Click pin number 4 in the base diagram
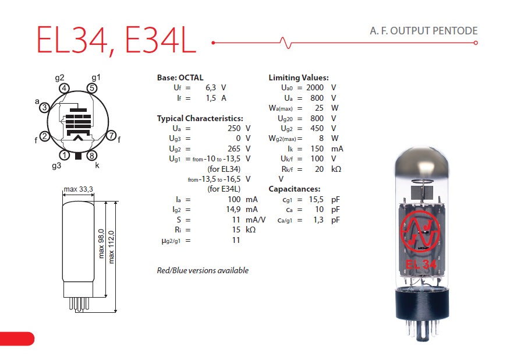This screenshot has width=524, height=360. pyautogui.click(x=65, y=89)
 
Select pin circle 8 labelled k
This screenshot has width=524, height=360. pyautogui.click(x=91, y=156)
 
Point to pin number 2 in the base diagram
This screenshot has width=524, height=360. pyautogui.click(x=44, y=136)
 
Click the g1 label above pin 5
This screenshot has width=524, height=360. pyautogui.click(x=96, y=77)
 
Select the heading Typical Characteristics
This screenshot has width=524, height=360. pyautogui.click(x=200, y=118)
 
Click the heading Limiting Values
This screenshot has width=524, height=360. pyautogui.click(x=299, y=77)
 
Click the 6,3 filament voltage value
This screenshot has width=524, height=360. pyautogui.click(x=210, y=87)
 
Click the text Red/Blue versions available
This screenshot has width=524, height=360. pyautogui.click(x=203, y=270)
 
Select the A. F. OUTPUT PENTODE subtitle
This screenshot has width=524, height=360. pyautogui.click(x=424, y=31)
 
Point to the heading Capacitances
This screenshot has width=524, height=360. pyautogui.click(x=294, y=189)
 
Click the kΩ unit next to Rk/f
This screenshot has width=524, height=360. pyautogui.click(x=336, y=169)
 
